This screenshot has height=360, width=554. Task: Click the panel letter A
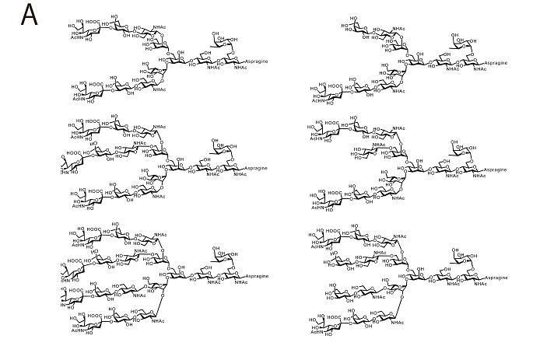30,15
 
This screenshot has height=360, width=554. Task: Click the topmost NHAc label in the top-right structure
399,29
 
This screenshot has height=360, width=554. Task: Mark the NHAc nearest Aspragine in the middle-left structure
240,175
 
